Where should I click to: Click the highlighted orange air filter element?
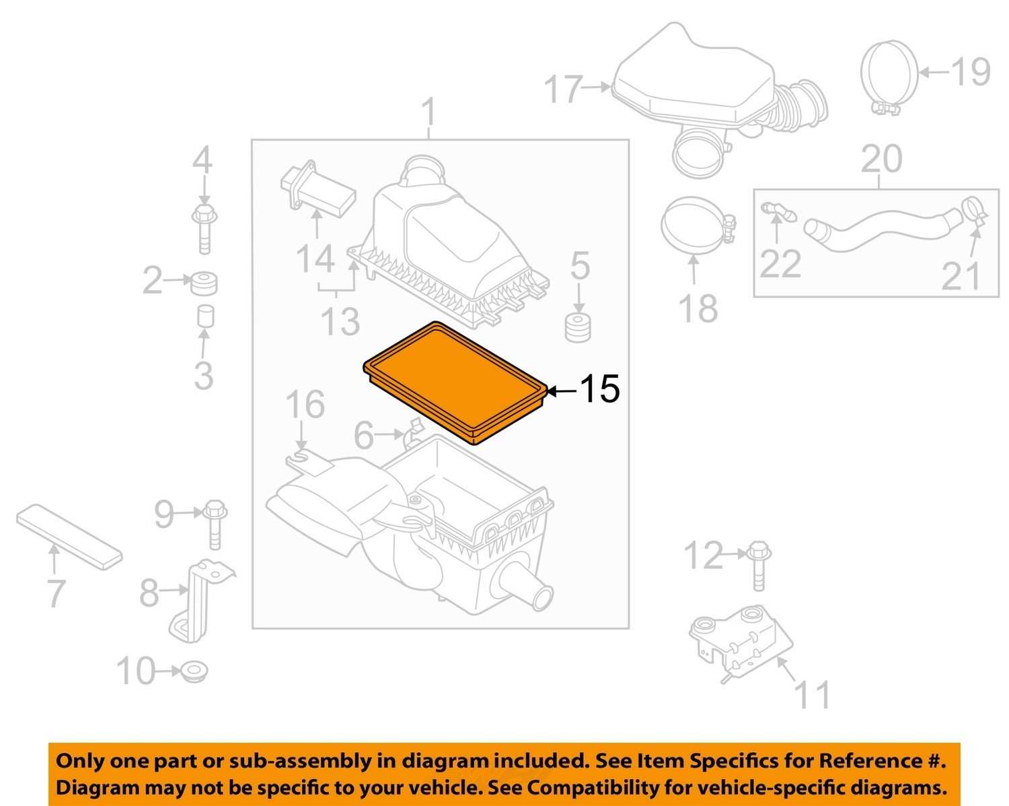pos(455,382)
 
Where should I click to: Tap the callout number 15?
pos(599,389)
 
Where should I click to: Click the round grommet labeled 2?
pos(204,283)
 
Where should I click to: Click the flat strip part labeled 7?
pos(69,537)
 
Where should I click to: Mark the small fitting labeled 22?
pos(778,212)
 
